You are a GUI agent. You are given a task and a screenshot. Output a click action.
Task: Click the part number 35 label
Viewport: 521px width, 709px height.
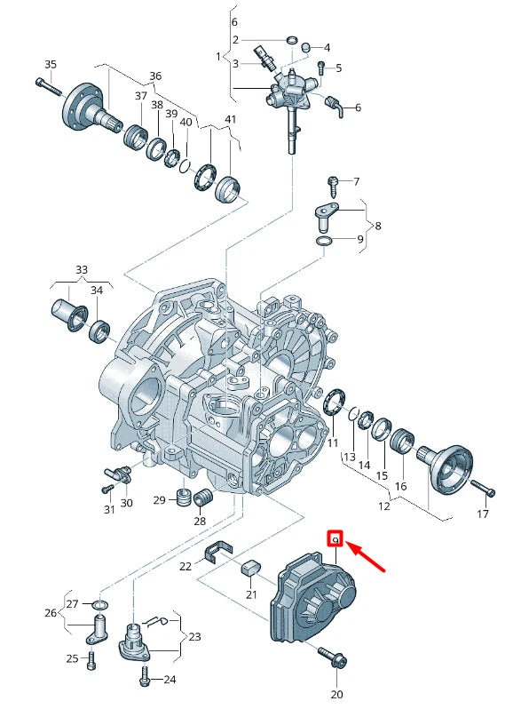coord(50,64)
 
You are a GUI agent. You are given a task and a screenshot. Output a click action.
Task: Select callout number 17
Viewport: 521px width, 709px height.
coord(483,514)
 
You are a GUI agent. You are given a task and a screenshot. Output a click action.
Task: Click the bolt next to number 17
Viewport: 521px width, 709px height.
coord(482,487)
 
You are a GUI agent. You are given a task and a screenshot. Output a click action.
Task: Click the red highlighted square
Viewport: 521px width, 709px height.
coord(335,539)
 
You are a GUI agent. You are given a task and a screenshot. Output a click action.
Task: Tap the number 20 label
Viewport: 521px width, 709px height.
coord(336,694)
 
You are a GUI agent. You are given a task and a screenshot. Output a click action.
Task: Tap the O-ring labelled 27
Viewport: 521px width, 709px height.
coord(99,605)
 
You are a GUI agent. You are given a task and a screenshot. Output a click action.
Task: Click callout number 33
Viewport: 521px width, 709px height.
coord(82,268)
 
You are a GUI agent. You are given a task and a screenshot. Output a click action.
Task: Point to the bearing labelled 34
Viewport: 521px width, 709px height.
coord(99,331)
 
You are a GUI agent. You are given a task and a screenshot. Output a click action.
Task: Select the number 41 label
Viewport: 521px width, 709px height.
coord(231,119)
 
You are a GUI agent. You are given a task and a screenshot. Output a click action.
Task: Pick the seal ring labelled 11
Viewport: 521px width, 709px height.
coord(334,402)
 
